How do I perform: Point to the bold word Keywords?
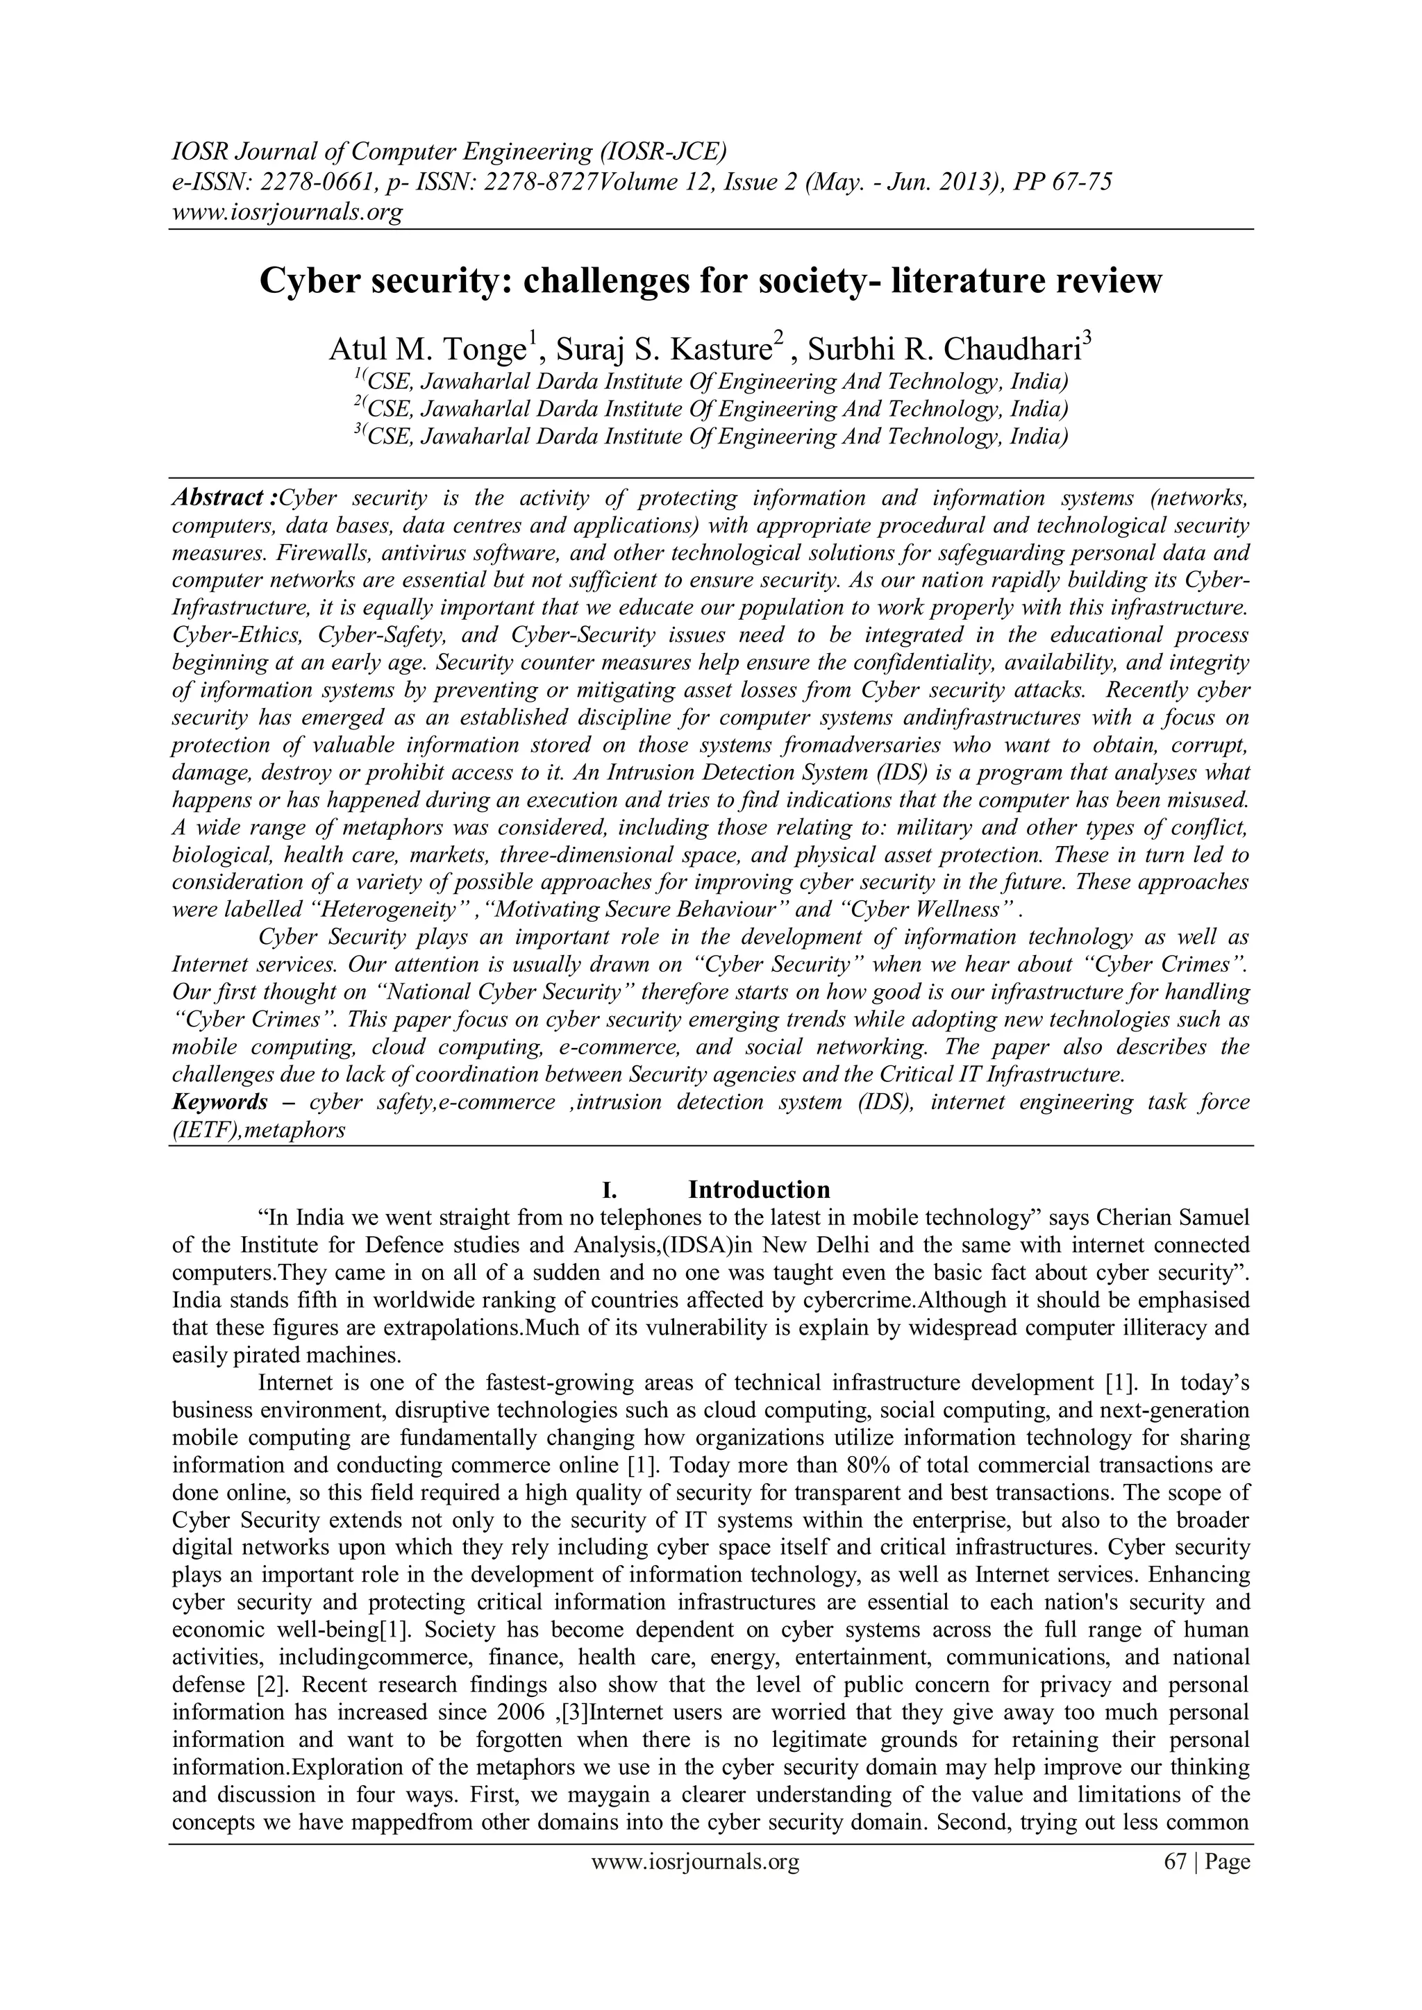point(220,1101)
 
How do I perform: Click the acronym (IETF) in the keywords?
point(204,1129)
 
